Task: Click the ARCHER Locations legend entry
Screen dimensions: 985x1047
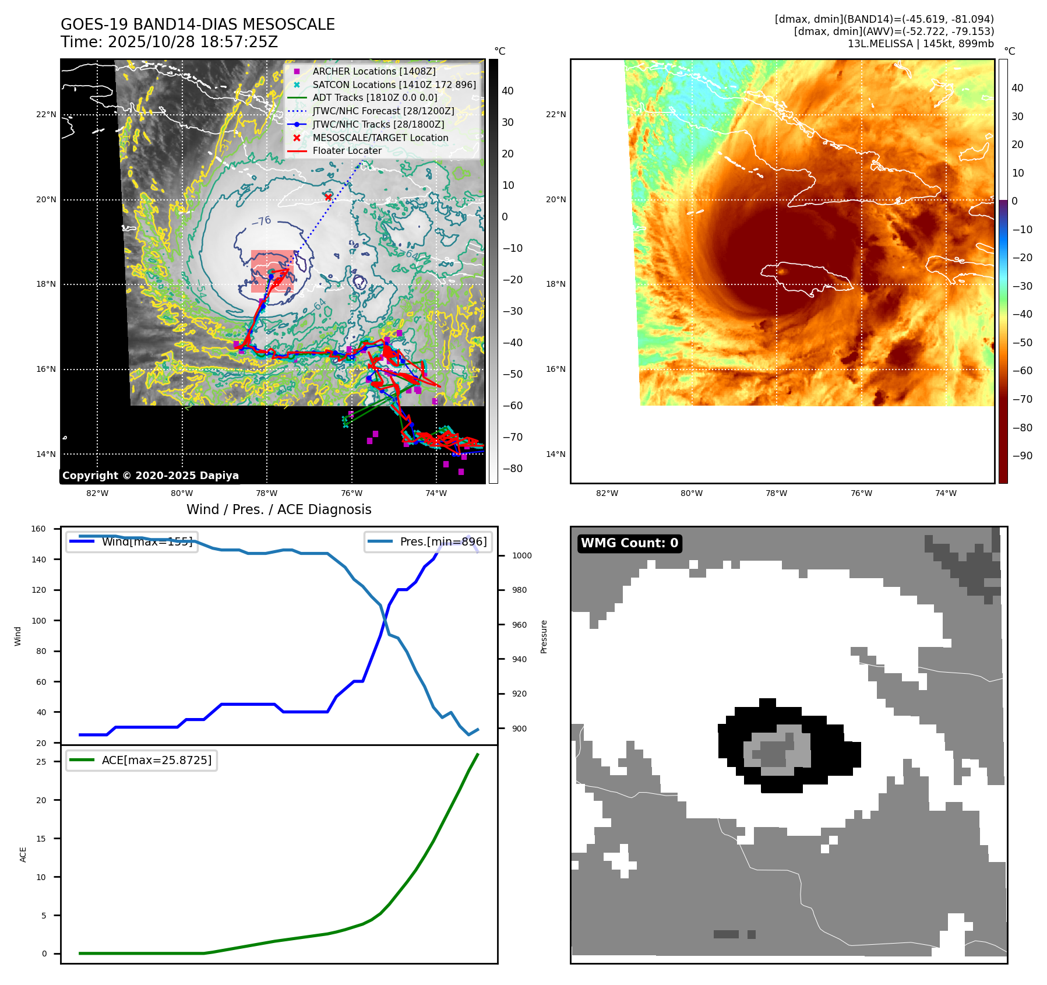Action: click(373, 71)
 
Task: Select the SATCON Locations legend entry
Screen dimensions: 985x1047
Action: click(394, 85)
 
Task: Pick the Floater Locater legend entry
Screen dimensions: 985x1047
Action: click(347, 150)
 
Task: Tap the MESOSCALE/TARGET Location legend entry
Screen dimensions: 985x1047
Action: click(380, 138)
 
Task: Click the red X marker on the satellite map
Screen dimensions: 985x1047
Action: click(329, 197)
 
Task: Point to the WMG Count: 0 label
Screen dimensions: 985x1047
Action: click(629, 543)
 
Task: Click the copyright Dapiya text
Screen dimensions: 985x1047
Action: click(150, 476)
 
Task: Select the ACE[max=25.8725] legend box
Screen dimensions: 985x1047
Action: click(142, 760)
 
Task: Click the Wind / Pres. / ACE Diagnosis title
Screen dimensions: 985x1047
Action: click(279, 509)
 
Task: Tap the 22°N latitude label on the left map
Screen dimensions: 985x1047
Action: click(46, 114)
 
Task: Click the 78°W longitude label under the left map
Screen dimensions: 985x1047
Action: click(267, 493)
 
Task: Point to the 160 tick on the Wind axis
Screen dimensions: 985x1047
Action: click(38, 529)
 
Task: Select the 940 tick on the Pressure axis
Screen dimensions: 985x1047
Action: click(519, 659)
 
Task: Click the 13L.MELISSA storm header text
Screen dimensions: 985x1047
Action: click(921, 44)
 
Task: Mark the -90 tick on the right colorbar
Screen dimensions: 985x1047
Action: click(1022, 456)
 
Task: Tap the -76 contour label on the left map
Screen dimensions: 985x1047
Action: click(262, 221)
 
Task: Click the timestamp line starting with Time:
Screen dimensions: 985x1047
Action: click(169, 42)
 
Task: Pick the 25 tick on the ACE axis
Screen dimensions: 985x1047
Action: click(41, 762)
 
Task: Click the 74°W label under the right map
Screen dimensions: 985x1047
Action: click(946, 493)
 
